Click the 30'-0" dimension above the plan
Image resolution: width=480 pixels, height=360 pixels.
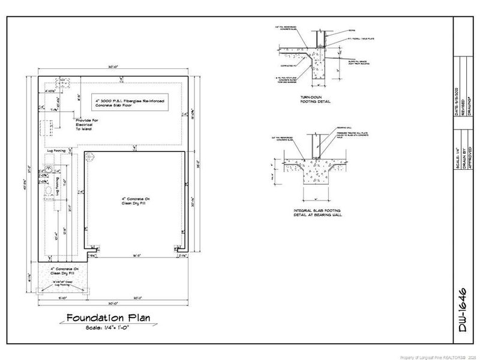(113, 67)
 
